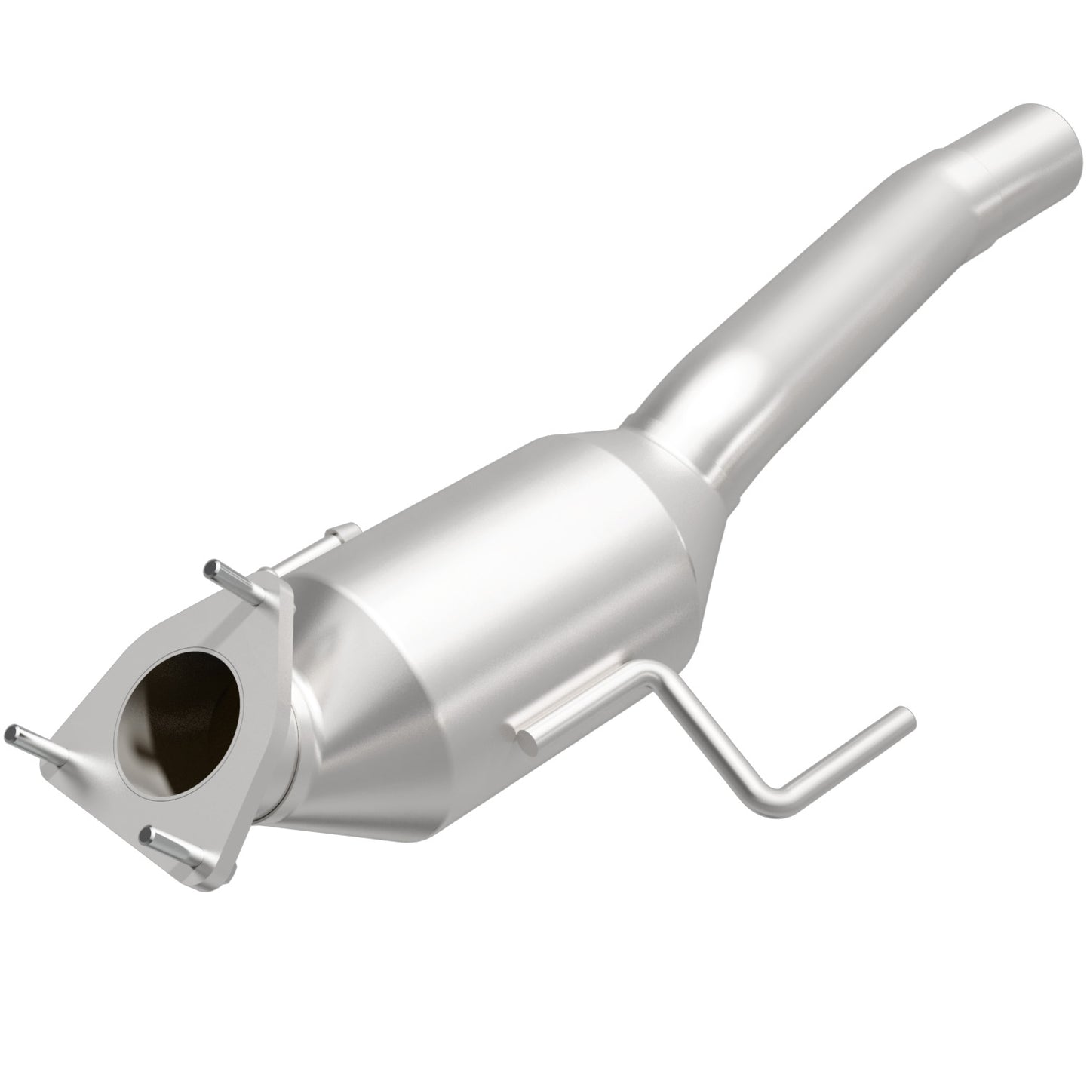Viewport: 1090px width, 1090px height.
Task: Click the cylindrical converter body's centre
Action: [528, 588]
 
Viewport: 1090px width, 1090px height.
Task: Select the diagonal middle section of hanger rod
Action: [717, 739]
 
